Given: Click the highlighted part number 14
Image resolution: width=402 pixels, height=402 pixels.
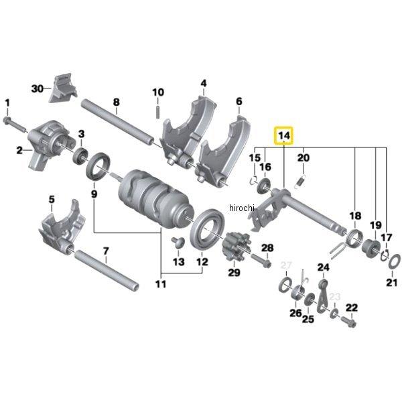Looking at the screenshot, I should [x=284, y=136].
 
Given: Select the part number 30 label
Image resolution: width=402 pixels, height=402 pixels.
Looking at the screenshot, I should [x=37, y=88].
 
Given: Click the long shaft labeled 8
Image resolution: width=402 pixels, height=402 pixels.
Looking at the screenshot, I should [x=121, y=124].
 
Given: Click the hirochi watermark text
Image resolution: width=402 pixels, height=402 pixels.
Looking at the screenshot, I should [x=242, y=209].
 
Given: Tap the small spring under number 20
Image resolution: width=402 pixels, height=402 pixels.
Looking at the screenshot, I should [x=301, y=179].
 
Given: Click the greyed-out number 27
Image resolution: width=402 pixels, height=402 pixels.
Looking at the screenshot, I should [x=286, y=266].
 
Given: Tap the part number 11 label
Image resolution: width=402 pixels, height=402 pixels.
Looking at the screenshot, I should [x=161, y=284].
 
